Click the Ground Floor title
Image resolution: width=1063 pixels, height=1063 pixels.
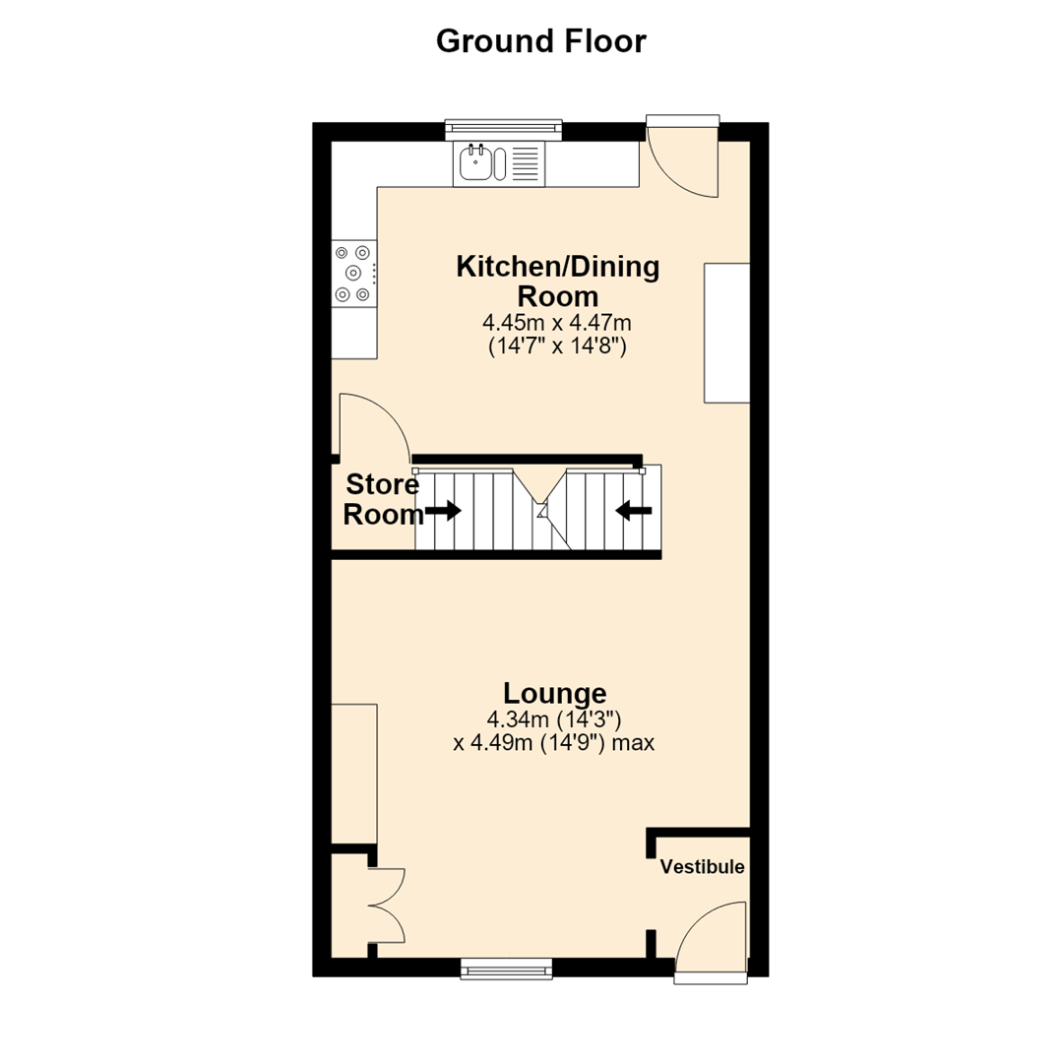(541, 42)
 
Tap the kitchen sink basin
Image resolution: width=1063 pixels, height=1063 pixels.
(476, 163)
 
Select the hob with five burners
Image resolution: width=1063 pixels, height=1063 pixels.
(354, 274)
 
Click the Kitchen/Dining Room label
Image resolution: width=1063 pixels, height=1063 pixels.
(557, 281)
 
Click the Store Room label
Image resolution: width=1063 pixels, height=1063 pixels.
(382, 500)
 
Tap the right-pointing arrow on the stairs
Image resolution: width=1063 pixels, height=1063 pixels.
(443, 511)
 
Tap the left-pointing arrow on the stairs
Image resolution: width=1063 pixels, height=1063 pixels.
(634, 511)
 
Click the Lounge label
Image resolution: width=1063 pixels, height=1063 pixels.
(554, 694)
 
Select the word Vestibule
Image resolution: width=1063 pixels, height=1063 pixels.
(703, 867)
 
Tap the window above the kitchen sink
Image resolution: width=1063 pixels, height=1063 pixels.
(504, 130)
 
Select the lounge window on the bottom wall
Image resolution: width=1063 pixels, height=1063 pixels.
(507, 969)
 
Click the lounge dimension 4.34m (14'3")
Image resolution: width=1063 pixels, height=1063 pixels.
(554, 719)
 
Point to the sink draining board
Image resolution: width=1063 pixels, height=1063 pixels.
(525, 163)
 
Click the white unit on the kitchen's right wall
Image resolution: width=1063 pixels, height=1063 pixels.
(726, 334)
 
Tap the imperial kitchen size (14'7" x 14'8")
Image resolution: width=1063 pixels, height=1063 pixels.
(557, 346)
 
